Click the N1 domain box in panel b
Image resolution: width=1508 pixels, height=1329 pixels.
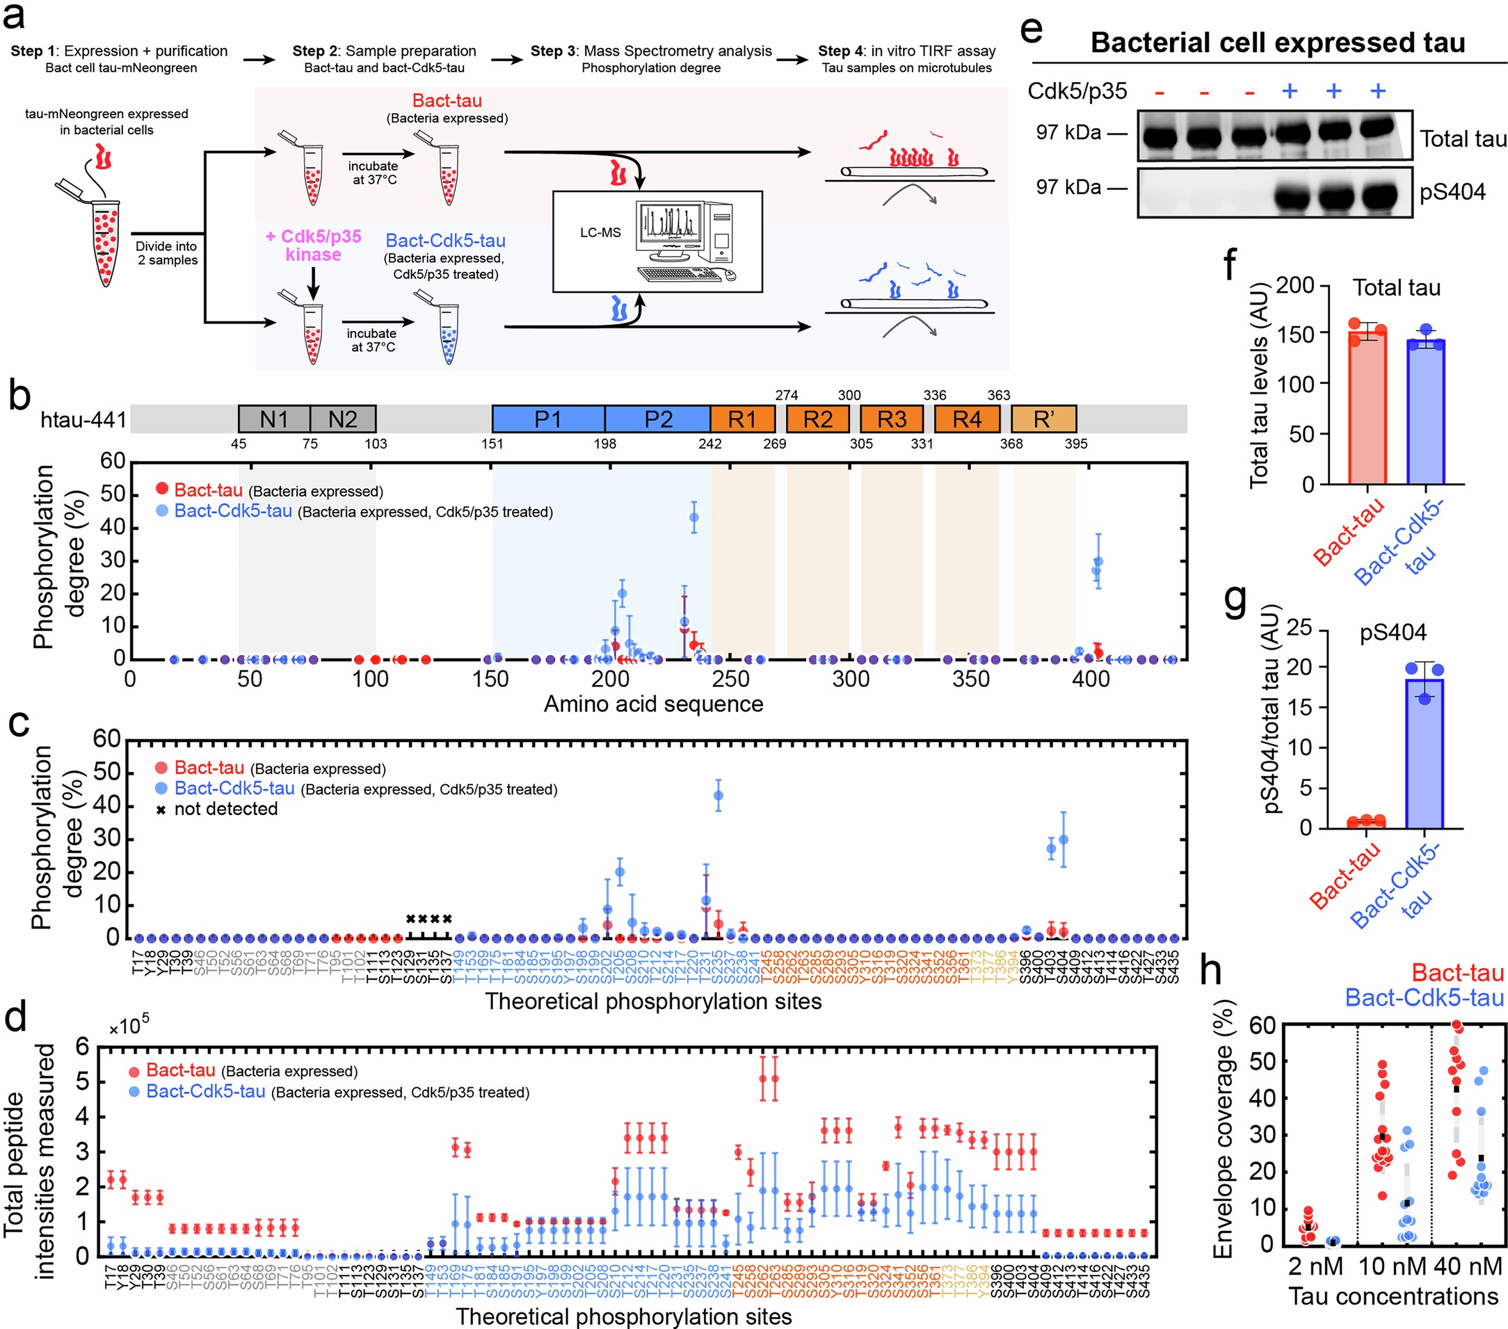click(274, 419)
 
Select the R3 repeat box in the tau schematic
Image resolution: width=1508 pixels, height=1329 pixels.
click(891, 419)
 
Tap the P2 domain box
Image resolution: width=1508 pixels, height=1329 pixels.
click(657, 419)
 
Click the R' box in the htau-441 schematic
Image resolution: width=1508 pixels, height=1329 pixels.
click(1043, 419)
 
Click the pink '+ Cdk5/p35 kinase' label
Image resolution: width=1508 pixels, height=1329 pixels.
click(314, 245)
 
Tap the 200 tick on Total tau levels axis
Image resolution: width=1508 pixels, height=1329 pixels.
click(1294, 284)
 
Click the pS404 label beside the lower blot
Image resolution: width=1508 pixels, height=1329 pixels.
click(1452, 192)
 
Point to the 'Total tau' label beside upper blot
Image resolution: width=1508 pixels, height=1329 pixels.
click(1463, 138)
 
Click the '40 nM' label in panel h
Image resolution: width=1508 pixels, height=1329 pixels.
click(1468, 1267)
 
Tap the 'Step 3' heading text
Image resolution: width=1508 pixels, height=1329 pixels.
click(651, 51)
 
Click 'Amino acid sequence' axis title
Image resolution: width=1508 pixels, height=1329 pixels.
click(653, 704)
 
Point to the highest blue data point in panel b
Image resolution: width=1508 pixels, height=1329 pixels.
click(693, 517)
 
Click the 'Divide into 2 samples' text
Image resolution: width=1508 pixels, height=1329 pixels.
click(167, 253)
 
